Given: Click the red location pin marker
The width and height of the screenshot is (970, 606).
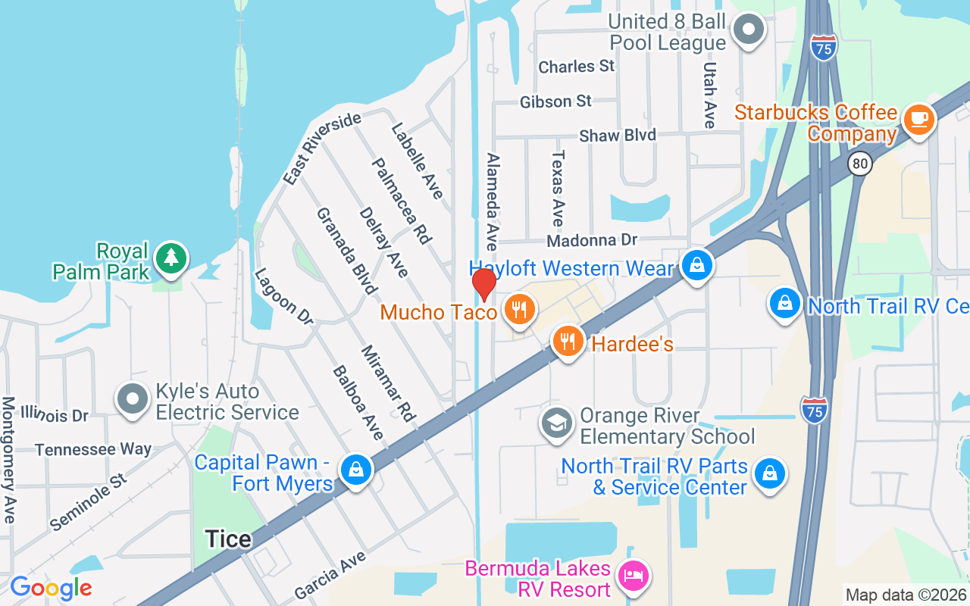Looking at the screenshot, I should pyautogui.click(x=484, y=284).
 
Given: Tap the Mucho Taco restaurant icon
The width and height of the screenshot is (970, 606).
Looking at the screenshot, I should pyautogui.click(x=519, y=310).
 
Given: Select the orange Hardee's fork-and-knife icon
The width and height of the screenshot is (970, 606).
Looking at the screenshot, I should pyautogui.click(x=568, y=342).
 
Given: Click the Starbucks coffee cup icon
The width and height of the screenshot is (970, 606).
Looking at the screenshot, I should pyautogui.click(x=919, y=119).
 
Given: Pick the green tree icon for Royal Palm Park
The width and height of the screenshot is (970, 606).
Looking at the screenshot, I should pyautogui.click(x=171, y=258).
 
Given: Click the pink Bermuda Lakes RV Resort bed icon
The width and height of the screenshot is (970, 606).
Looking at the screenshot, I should pyautogui.click(x=634, y=576).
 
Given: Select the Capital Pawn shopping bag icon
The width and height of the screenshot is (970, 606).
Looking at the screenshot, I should pyautogui.click(x=355, y=470).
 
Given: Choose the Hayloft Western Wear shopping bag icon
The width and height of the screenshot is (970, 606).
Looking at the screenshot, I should pyautogui.click(x=696, y=266).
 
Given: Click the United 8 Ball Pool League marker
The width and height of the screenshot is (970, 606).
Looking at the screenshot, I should pyautogui.click(x=749, y=30).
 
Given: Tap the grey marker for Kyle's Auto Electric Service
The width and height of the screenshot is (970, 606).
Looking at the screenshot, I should pyautogui.click(x=133, y=399).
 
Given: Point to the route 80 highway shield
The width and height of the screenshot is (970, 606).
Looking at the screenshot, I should pyautogui.click(x=859, y=164).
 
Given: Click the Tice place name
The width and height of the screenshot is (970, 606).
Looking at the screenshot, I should pyautogui.click(x=228, y=539).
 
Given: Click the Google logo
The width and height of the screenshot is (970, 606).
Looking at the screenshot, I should pyautogui.click(x=51, y=588).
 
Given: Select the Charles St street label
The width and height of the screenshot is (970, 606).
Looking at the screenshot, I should pyautogui.click(x=577, y=67).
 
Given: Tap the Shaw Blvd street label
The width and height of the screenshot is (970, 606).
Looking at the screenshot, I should pyautogui.click(x=617, y=136).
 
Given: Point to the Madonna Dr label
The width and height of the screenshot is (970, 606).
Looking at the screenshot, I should pyautogui.click(x=592, y=240).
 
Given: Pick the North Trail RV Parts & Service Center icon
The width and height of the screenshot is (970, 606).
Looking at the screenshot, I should pyautogui.click(x=769, y=474).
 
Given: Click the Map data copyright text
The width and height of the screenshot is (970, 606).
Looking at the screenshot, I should pyautogui.click(x=906, y=595).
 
